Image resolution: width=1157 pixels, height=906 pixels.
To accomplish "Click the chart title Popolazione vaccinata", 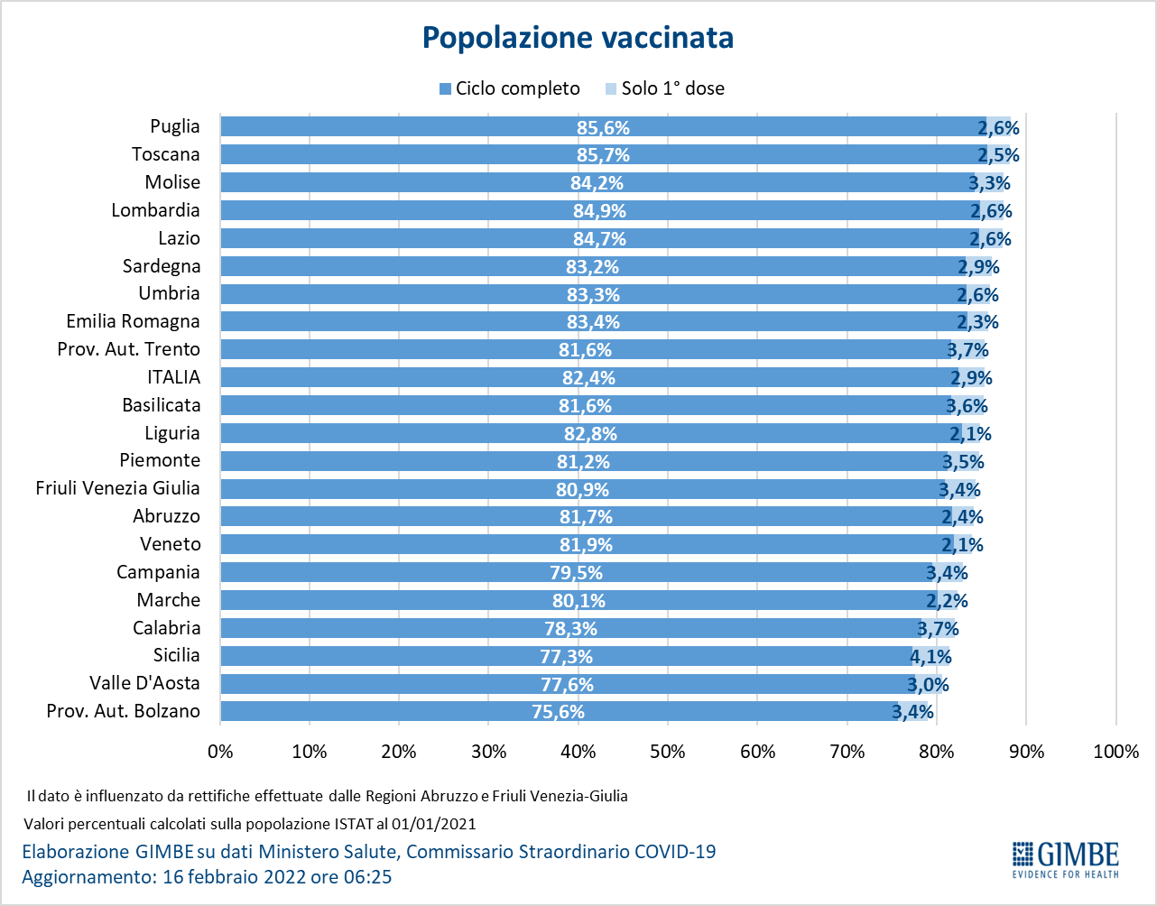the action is click(x=578, y=38).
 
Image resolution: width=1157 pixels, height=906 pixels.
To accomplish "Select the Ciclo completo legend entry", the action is click(x=510, y=88).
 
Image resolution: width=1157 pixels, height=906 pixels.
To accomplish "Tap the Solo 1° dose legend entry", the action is click(x=665, y=88).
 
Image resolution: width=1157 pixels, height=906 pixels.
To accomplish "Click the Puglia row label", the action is click(x=175, y=126).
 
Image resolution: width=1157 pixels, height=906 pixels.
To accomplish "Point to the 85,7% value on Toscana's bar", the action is click(x=603, y=155).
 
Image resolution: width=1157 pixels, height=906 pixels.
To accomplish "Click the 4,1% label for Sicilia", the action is click(x=930, y=656).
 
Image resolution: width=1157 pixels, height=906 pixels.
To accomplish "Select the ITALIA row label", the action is click(x=174, y=377).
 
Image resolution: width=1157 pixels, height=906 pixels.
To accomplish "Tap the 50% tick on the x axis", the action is click(x=668, y=751).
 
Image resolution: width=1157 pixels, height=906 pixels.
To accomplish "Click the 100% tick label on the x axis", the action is click(x=1116, y=751).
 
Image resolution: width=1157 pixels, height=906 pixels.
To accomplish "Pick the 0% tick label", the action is click(x=220, y=751).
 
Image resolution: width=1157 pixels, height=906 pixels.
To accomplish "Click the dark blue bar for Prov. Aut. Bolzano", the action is click(x=559, y=711).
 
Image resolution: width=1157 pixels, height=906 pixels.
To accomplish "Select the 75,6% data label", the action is click(x=558, y=712).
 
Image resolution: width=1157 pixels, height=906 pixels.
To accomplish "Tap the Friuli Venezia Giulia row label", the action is click(x=117, y=488).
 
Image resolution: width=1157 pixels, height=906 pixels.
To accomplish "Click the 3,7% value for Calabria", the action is click(x=938, y=629).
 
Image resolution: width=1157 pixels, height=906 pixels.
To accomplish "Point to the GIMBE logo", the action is click(x=1066, y=868).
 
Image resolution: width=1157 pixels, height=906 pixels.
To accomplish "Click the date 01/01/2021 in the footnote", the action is click(x=433, y=824).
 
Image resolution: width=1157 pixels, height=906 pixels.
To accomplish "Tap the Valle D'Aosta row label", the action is click(x=144, y=683).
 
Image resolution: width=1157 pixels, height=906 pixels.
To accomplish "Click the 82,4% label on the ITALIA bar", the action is click(x=588, y=378).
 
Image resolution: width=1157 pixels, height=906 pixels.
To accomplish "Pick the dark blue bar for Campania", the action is click(x=577, y=572).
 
